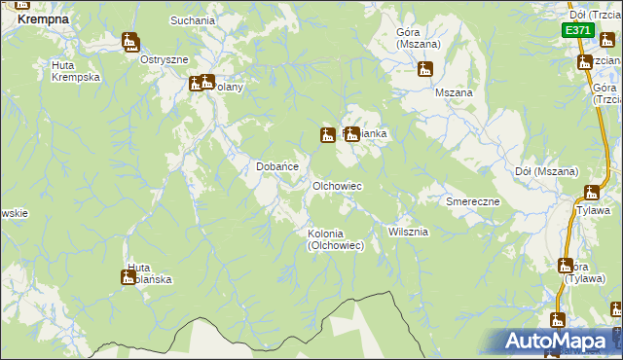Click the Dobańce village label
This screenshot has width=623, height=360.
tap(276, 166)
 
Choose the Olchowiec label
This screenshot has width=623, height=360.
tap(337, 185)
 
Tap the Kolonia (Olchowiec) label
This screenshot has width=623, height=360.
tap(336, 239)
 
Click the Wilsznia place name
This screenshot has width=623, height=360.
tap(408, 233)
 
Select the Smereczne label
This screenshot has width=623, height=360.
tap(472, 201)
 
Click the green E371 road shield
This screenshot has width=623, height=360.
tap(577, 30)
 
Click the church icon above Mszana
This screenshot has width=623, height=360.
tap(424, 70)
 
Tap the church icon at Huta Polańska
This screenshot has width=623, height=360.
tap(128, 278)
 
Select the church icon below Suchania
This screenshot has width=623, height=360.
tap(130, 42)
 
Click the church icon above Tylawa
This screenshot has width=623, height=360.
tap(593, 193)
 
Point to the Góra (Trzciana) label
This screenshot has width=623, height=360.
tap(605, 94)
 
